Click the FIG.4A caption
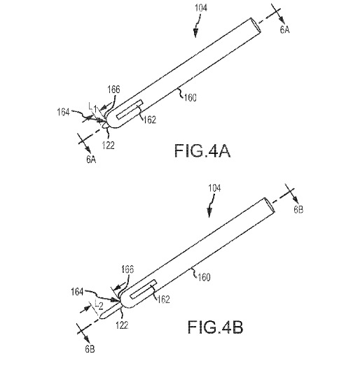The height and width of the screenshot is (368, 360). click(x=202, y=151)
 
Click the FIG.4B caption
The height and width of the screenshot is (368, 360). click(x=216, y=327)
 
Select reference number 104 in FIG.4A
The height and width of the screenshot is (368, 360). click(x=201, y=8)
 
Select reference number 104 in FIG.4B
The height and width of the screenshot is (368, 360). click(x=214, y=188)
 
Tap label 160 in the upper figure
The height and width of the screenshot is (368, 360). click(x=190, y=98)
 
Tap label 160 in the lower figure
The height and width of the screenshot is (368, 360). click(x=204, y=277)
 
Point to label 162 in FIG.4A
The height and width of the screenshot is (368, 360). click(x=150, y=120)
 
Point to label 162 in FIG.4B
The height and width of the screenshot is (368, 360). click(x=163, y=299)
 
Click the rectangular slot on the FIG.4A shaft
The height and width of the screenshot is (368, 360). click(x=130, y=109)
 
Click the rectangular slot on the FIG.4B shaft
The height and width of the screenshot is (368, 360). click(x=144, y=289)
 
